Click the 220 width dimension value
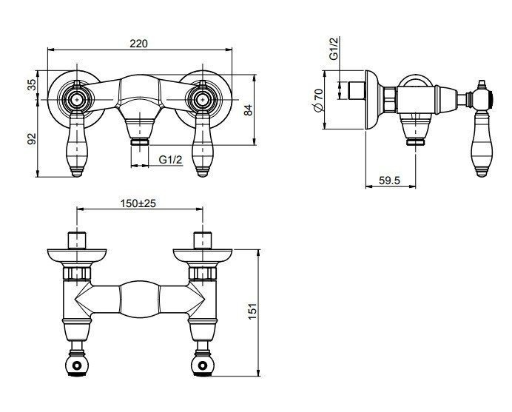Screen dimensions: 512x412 [x=139, y=43]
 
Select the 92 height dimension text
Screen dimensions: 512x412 [x=32, y=138]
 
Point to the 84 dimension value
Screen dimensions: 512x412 [x=249, y=110]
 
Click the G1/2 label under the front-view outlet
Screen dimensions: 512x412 [x=170, y=160]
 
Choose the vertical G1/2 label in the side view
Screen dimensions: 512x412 [x=334, y=49]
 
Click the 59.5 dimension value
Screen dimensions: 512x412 [x=389, y=180]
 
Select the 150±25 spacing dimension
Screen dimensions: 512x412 [x=138, y=203]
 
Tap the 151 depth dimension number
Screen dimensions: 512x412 [x=253, y=311]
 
